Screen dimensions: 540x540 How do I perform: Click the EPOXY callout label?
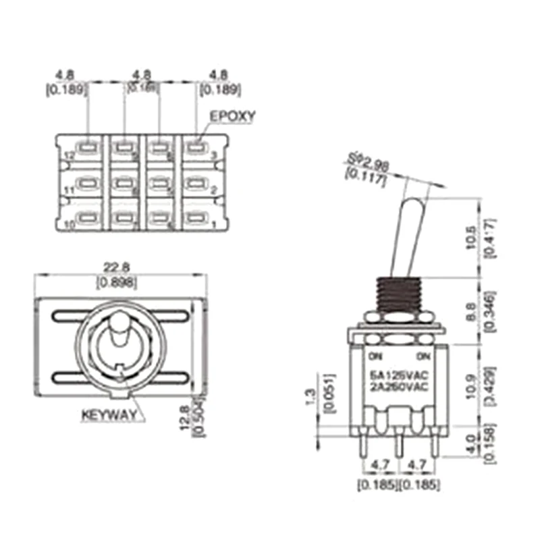click(x=232, y=116)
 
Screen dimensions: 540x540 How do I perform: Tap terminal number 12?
click(x=67, y=155)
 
